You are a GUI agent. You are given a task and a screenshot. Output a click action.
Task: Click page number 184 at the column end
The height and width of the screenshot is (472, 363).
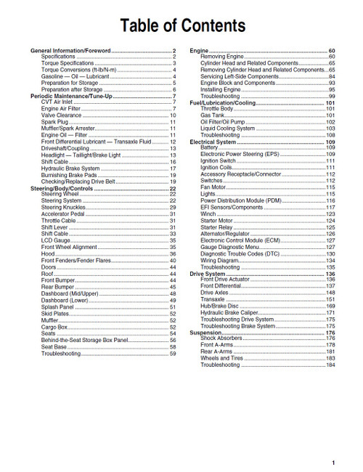[330, 365]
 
